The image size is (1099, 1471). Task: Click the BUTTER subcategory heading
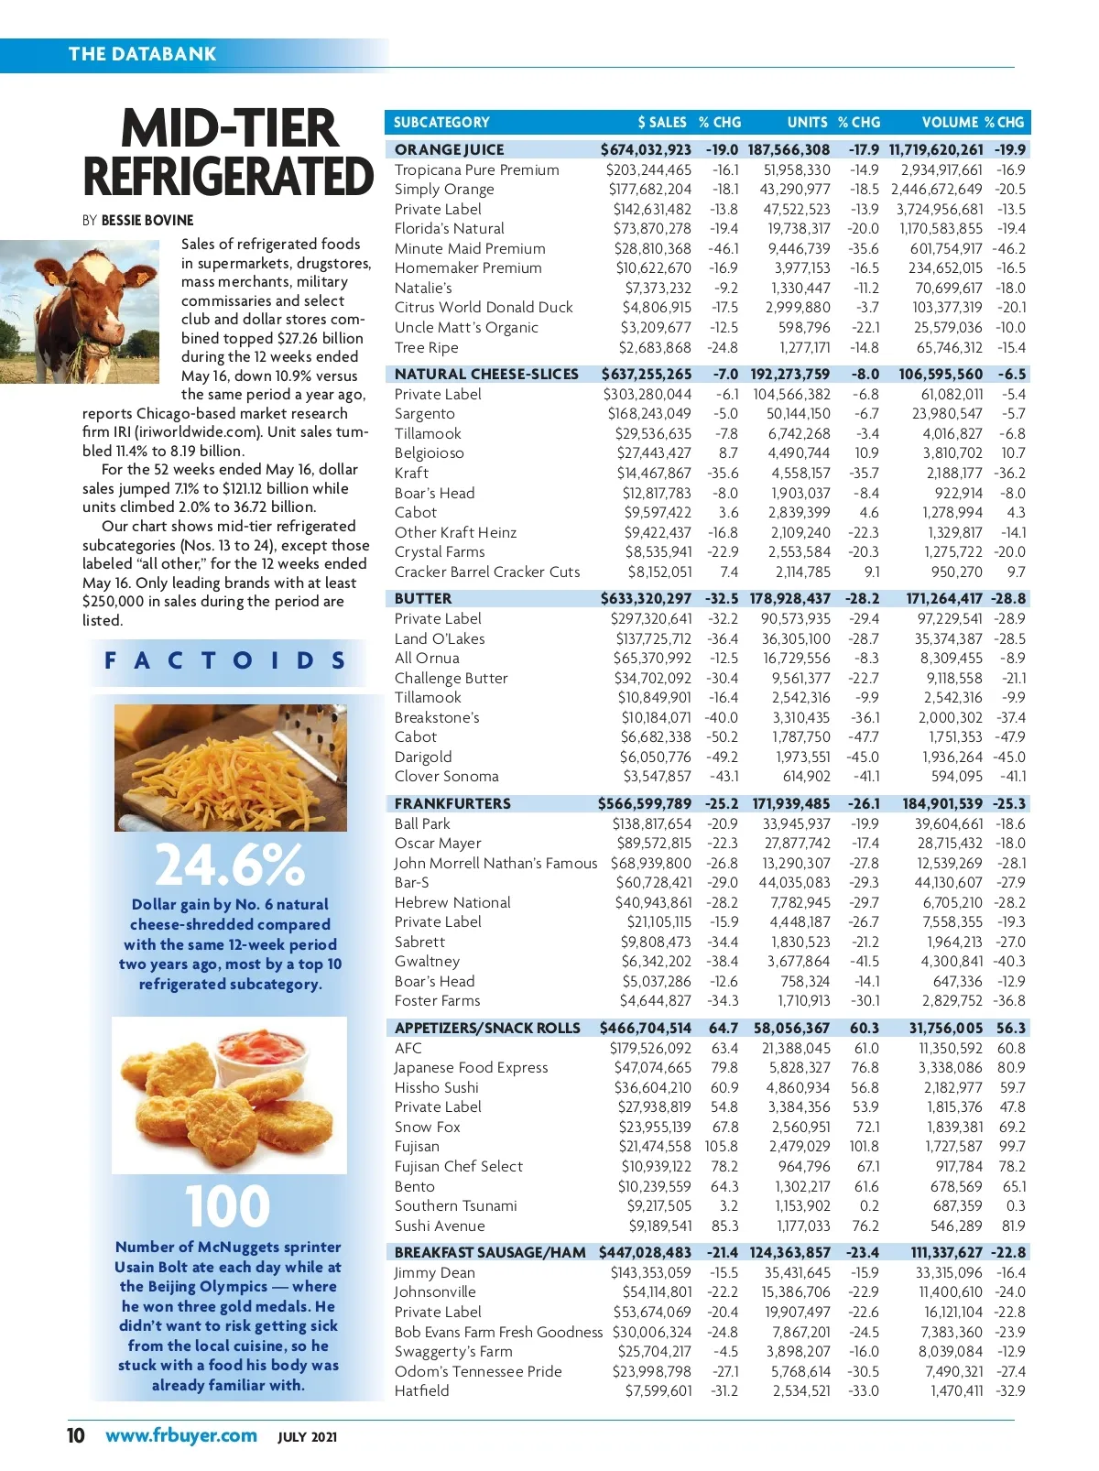(423, 598)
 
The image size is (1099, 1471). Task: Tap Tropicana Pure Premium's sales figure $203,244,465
(648, 169)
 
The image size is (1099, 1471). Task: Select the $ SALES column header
(662, 122)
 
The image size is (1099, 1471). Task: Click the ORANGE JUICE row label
(449, 149)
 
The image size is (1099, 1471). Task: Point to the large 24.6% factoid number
(229, 865)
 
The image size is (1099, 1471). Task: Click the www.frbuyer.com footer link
(181, 1435)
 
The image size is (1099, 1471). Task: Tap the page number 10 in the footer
(75, 1435)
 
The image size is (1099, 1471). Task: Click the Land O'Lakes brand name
(440, 638)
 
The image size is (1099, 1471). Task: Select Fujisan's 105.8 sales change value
(721, 1146)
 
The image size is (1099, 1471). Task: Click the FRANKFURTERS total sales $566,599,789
(645, 803)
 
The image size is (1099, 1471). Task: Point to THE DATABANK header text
(142, 54)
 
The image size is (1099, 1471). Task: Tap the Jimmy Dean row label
(434, 1272)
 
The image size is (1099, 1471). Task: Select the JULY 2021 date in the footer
(307, 1437)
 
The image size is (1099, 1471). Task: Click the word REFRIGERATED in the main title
(229, 177)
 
